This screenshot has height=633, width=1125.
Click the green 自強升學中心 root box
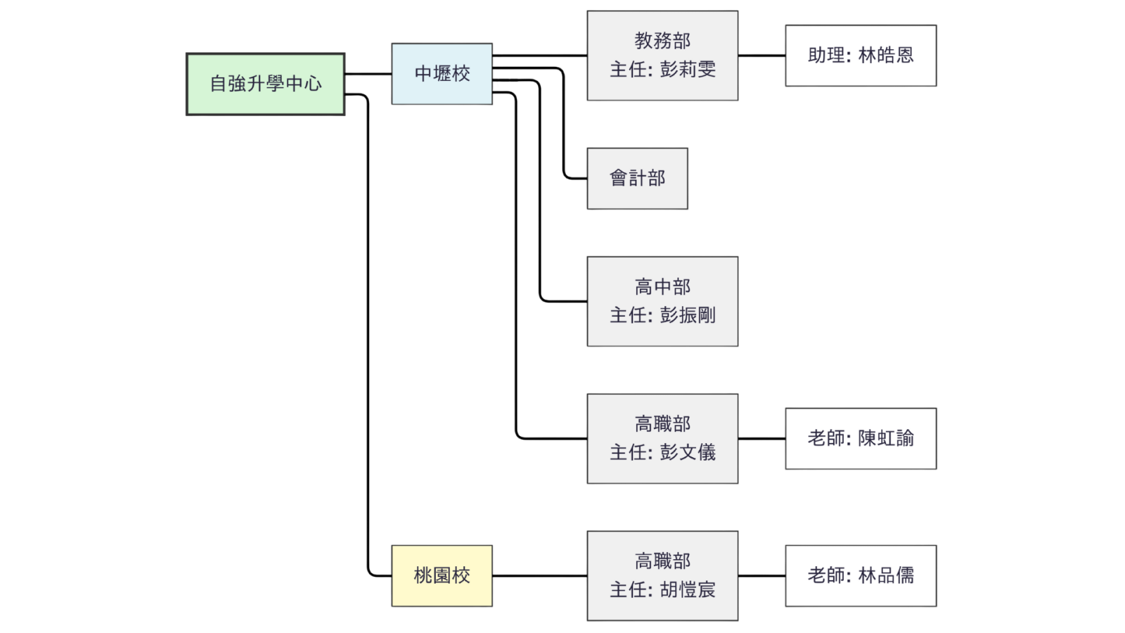[265, 84]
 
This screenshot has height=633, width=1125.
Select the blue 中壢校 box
[442, 74]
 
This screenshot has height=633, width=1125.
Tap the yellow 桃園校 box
[442, 575]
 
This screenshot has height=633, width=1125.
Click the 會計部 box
[637, 179]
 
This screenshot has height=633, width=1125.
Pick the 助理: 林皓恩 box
[861, 56]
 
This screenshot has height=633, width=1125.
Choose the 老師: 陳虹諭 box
[861, 438]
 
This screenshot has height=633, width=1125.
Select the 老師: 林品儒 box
[861, 575]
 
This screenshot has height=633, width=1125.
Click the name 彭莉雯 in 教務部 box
[688, 70]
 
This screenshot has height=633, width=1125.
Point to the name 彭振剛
[688, 315]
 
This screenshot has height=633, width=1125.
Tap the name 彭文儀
[688, 452]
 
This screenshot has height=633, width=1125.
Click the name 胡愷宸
[688, 589]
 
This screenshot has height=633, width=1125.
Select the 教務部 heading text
[662, 41]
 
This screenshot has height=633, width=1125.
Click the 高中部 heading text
[662, 287]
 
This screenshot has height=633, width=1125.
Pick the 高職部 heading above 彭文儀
[662, 424]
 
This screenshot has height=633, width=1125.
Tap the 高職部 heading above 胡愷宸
[662, 561]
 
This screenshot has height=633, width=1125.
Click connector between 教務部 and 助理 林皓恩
[762, 54]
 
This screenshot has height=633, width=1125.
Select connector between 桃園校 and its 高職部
[539, 575]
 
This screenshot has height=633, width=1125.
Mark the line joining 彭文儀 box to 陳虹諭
[762, 438]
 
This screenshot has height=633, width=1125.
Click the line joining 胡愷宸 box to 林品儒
[762, 575]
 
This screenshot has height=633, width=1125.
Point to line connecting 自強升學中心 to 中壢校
[368, 72]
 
